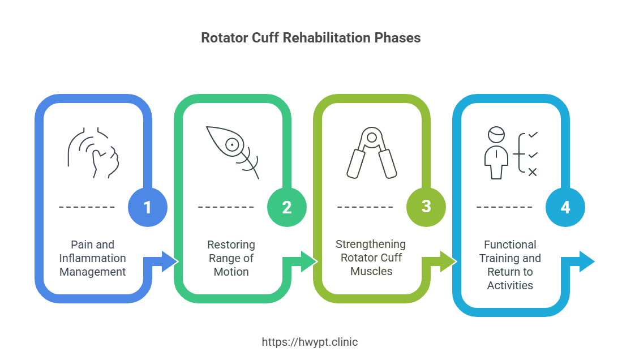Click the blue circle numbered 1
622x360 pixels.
[148, 207]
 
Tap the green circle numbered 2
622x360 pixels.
[287, 207]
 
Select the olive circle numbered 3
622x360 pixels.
[426, 207]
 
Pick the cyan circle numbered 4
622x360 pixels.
[565, 207]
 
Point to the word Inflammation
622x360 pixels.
[93, 258]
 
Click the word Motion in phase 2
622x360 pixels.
[231, 272]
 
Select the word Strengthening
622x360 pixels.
[371, 244]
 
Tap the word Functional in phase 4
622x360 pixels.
[511, 245]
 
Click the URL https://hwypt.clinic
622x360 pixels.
[310, 342]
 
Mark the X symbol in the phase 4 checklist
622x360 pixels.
[533, 172]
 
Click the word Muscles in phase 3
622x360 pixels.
[371, 271]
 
